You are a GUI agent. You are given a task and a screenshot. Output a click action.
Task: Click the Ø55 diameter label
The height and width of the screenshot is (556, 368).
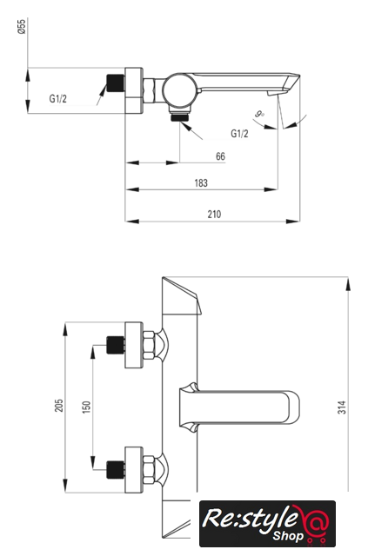click(22, 27)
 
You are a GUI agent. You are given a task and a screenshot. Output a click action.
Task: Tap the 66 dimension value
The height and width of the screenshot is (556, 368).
click(220, 156)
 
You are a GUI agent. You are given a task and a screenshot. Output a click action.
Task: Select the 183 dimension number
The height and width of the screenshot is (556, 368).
click(201, 183)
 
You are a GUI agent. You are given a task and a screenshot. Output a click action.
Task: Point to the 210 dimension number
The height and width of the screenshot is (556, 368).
click(214, 215)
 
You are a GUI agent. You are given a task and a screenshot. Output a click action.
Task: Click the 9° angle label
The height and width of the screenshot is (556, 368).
click(259, 114)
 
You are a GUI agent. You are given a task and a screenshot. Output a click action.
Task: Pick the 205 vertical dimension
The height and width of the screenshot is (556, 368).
click(59, 406)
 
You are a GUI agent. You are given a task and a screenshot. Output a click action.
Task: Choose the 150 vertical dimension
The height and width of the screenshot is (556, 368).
click(86, 407)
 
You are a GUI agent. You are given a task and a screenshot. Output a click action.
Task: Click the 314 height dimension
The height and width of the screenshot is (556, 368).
click(341, 407)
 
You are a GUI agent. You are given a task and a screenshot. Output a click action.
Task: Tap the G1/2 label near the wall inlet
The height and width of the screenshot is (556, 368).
click(58, 98)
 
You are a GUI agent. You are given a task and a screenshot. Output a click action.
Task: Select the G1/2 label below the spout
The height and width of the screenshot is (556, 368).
click(240, 133)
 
